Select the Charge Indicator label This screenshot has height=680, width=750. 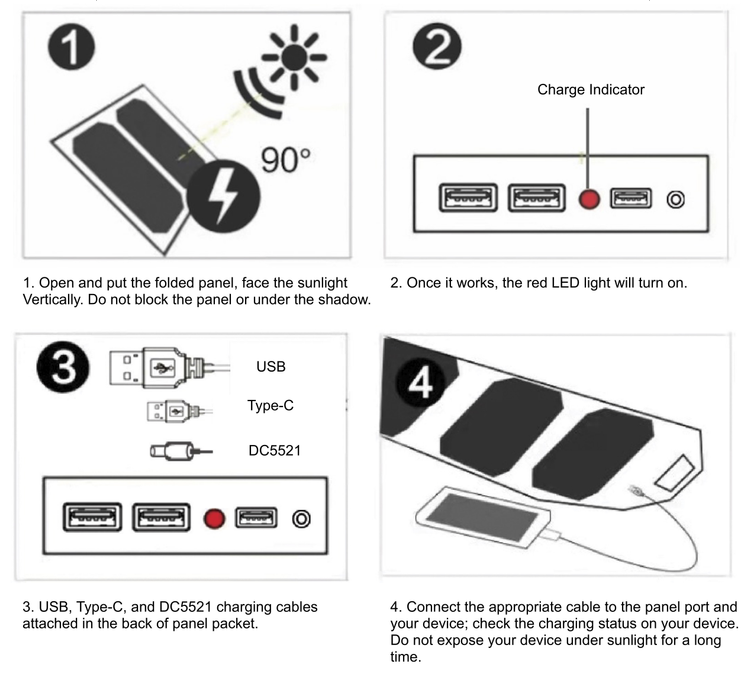point(591,90)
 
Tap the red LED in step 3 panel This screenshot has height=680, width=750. point(212,518)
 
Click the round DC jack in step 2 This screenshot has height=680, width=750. point(676,200)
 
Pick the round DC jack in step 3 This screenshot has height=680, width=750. point(300,518)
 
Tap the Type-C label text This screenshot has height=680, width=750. point(270,406)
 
